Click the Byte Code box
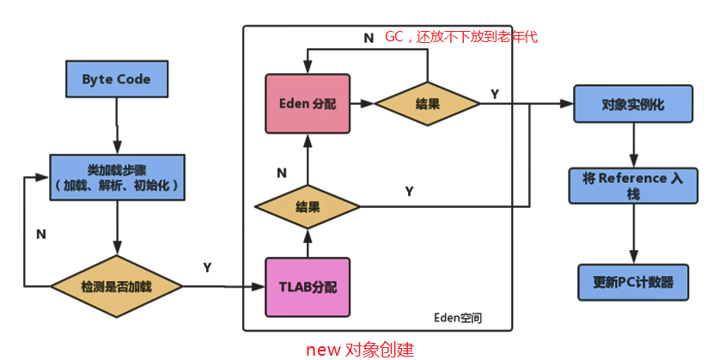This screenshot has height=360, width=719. (116, 79)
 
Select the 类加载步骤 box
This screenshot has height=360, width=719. (116, 177)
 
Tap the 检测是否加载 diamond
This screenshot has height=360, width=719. (116, 284)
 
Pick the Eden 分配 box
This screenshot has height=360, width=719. (308, 103)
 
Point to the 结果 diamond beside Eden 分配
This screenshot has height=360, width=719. (428, 103)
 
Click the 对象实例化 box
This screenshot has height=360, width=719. (633, 103)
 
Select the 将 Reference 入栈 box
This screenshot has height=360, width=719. (633, 185)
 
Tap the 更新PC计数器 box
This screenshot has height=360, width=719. (633, 282)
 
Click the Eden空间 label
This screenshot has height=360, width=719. (458, 318)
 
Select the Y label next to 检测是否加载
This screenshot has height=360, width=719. (207, 268)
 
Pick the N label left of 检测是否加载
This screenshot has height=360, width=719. (40, 233)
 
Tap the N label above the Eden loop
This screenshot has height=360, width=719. (369, 38)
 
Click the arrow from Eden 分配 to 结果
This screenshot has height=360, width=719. (362, 103)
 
